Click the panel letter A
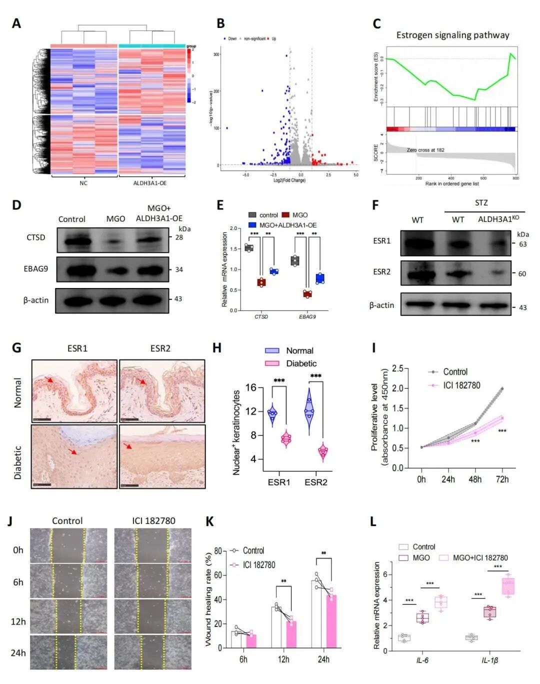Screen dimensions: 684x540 [x=16, y=23]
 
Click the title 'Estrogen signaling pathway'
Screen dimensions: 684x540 [x=452, y=35]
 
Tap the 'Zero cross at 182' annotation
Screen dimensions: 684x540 [x=425, y=150]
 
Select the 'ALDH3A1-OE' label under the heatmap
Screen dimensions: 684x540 [x=150, y=183]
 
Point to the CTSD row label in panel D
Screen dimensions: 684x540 [x=35, y=237]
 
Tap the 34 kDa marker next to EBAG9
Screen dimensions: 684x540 [x=179, y=269]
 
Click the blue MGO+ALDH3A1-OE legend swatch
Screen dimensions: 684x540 [x=252, y=225]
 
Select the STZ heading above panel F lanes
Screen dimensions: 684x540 [x=481, y=202]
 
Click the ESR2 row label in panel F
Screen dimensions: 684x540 [x=381, y=272]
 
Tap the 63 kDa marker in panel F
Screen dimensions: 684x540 [x=522, y=244]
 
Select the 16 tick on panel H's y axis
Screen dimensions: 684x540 [x=250, y=387]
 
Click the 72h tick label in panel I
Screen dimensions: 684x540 [x=502, y=479]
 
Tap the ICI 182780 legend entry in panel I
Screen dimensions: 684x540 [x=461, y=385]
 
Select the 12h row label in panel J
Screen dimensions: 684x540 [x=18, y=621]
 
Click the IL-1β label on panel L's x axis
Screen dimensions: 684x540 [x=489, y=660]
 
